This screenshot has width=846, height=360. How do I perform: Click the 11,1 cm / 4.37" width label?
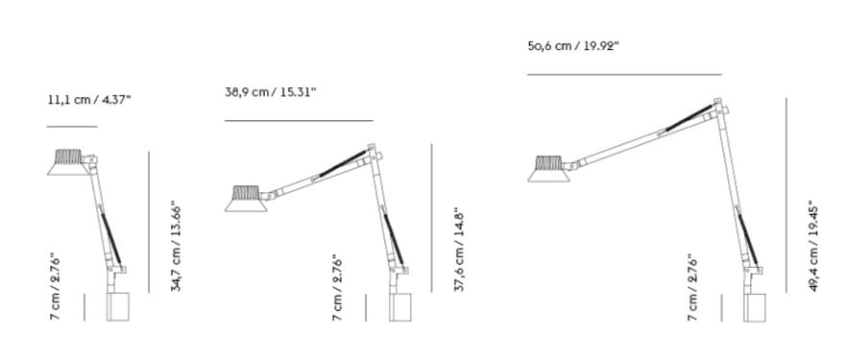(x=89, y=99)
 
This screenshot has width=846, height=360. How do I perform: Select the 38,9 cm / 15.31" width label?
(x=270, y=92)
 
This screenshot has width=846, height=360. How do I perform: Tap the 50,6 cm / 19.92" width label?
(x=573, y=46)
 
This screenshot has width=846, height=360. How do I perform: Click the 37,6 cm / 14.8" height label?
(x=460, y=250)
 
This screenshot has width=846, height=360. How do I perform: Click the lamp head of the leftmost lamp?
(x=68, y=162)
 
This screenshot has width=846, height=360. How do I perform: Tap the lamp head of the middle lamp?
(x=246, y=199)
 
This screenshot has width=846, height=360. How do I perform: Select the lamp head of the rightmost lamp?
(x=548, y=169)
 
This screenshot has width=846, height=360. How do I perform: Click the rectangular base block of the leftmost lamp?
(x=117, y=306)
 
